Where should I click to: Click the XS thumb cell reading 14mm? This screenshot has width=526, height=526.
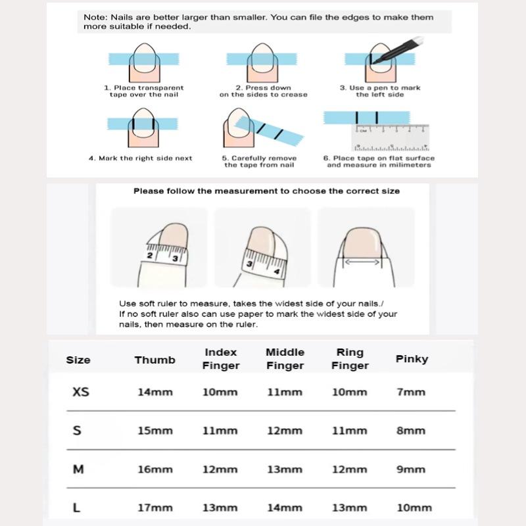coord(155,392)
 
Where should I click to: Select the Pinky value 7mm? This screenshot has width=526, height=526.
coord(411,392)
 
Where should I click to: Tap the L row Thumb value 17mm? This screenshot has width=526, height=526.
coord(155,508)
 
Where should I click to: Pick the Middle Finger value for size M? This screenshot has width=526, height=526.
coord(284,469)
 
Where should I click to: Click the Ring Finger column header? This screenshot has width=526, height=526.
coord(350,359)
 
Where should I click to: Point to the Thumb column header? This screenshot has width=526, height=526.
coord(155,360)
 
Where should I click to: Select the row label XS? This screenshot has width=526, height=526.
coord(80,392)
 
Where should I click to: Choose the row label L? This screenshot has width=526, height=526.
coord(77,508)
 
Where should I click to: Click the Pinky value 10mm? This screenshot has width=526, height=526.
coord(414,508)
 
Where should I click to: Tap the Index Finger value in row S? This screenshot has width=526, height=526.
coord(220,431)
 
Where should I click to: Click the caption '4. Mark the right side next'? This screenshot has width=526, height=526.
coord(141,158)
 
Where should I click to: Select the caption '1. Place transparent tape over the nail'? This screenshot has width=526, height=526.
coord(143,91)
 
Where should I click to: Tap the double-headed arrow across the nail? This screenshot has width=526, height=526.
coord(362,262)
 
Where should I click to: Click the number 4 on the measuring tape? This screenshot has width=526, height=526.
coord(277,271)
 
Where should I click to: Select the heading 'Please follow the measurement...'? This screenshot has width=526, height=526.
coord(266,191)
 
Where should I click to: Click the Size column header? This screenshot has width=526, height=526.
coord(78,360)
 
